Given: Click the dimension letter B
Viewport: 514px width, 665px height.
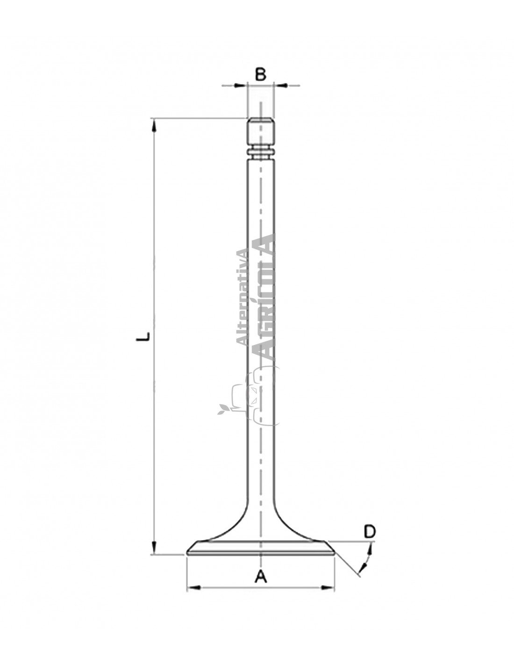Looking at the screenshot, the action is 260,74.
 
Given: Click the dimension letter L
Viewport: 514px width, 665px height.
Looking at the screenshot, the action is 143,336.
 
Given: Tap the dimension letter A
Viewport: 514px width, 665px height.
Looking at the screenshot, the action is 261,577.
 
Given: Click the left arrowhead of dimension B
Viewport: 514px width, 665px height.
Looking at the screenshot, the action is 240,86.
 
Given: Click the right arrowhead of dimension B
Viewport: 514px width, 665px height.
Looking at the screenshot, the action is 280,86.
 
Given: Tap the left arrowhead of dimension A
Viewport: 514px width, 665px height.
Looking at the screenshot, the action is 193,587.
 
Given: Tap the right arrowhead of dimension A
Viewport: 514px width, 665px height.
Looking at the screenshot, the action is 328,587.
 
